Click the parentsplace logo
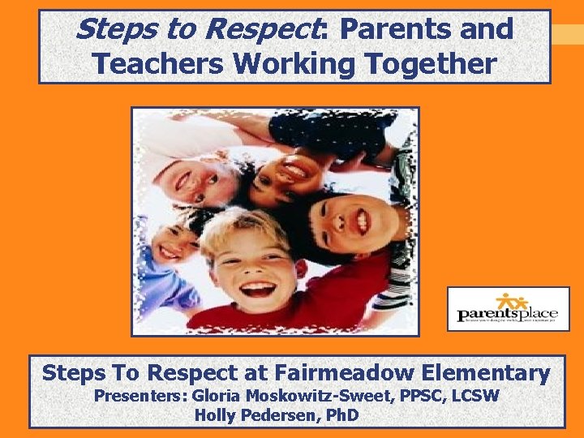[x=508, y=309]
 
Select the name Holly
[x=215, y=416]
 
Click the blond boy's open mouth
[x=257, y=288]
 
